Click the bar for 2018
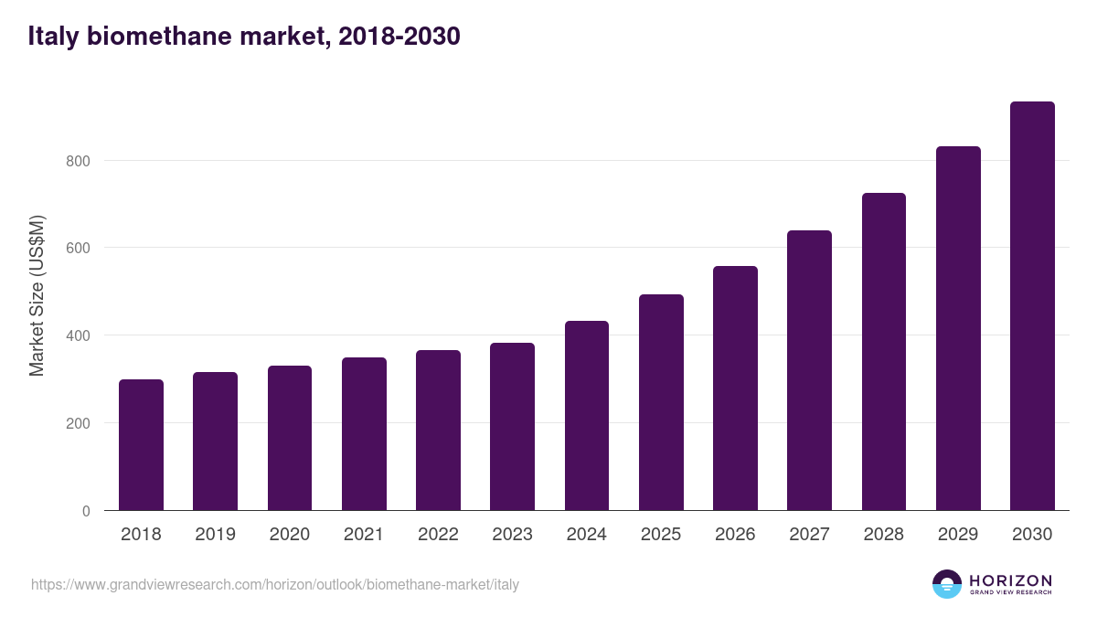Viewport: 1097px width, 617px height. click(141, 445)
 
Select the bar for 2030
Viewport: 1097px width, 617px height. click(1032, 306)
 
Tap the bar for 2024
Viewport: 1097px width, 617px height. click(587, 416)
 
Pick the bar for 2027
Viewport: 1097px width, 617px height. click(809, 370)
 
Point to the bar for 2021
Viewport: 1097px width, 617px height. click(364, 434)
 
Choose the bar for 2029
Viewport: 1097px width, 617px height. click(958, 329)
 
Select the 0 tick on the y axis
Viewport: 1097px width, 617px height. click(86, 511)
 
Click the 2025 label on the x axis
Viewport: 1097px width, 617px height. click(661, 535)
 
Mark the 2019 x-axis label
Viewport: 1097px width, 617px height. click(215, 535)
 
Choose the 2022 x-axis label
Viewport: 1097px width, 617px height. click(438, 535)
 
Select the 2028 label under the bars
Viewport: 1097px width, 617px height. click(884, 535)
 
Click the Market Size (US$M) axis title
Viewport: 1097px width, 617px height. click(37, 294)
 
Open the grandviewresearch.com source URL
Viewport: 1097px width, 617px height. click(275, 584)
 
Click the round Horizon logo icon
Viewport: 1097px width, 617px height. click(947, 584)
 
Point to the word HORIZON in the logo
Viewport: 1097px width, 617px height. click(1010, 580)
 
